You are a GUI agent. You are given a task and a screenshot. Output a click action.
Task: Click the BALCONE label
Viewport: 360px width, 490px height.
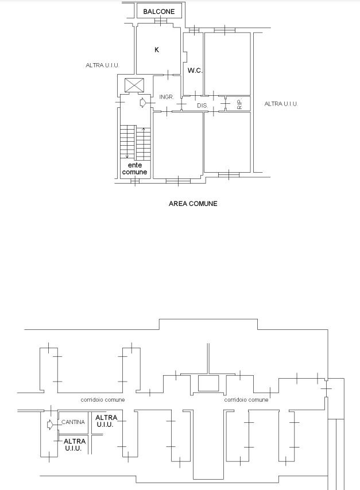click(x=159, y=11)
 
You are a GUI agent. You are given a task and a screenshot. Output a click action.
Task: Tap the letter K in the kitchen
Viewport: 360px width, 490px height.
click(x=157, y=50)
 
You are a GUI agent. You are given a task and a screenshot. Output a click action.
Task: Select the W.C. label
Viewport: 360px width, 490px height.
click(x=195, y=71)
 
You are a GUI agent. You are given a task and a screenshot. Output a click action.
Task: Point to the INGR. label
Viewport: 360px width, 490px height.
click(x=167, y=97)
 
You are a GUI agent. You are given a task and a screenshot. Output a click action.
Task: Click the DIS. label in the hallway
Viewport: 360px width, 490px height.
click(x=202, y=106)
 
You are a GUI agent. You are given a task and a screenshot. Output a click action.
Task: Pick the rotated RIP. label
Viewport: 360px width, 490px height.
click(x=240, y=104)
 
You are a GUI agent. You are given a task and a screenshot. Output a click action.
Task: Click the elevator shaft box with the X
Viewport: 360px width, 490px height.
click(x=134, y=85)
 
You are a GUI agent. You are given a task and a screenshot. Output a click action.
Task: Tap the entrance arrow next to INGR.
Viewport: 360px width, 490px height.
click(x=143, y=103)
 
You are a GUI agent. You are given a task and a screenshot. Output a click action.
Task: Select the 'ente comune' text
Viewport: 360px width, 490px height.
click(x=134, y=169)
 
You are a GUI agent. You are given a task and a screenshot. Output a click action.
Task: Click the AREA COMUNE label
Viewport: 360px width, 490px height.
click(x=193, y=204)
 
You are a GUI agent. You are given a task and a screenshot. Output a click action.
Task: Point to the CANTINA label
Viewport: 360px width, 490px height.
click(x=73, y=422)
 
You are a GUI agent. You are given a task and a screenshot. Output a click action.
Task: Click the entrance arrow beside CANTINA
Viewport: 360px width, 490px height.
click(x=50, y=425)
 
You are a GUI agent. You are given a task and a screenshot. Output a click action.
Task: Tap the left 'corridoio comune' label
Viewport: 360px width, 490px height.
click(x=103, y=400)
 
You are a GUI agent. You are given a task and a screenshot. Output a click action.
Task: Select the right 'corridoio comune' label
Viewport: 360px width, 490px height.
click(x=246, y=400)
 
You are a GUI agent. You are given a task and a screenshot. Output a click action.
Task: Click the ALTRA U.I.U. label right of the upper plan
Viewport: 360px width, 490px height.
click(x=281, y=104)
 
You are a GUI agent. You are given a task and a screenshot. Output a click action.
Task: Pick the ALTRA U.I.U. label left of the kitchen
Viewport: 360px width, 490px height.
click(x=102, y=65)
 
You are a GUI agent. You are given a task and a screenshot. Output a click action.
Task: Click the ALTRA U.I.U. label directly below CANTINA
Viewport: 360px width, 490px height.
click(x=75, y=445)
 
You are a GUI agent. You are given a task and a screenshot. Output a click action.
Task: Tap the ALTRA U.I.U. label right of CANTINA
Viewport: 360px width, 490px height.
click(x=106, y=421)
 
